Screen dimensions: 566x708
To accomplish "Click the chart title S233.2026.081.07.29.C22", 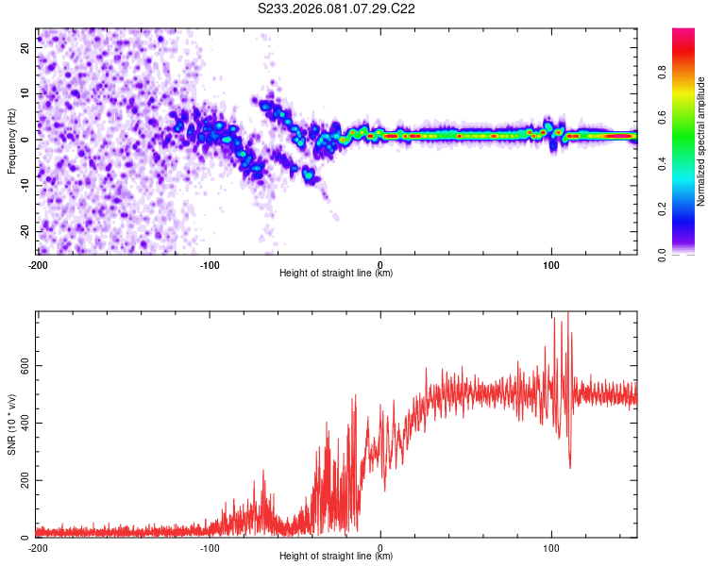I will [x=337, y=8].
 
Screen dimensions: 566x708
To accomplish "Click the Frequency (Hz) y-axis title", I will [x=11, y=141].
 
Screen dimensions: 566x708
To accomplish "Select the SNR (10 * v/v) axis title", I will [x=11, y=424].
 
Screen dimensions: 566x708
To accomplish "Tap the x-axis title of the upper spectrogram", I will [x=336, y=273].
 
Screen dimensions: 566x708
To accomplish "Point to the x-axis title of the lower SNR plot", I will [x=336, y=556].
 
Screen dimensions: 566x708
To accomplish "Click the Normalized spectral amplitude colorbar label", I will [x=700, y=141].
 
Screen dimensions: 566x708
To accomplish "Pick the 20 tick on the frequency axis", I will [x=25, y=46].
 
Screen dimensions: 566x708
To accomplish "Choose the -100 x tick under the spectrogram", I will [x=210, y=263].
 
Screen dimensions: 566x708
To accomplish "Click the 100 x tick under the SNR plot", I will [x=551, y=546].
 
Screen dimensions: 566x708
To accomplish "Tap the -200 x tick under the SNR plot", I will [x=38, y=546].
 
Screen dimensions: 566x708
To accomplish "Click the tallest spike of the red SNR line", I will [x=567, y=314].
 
